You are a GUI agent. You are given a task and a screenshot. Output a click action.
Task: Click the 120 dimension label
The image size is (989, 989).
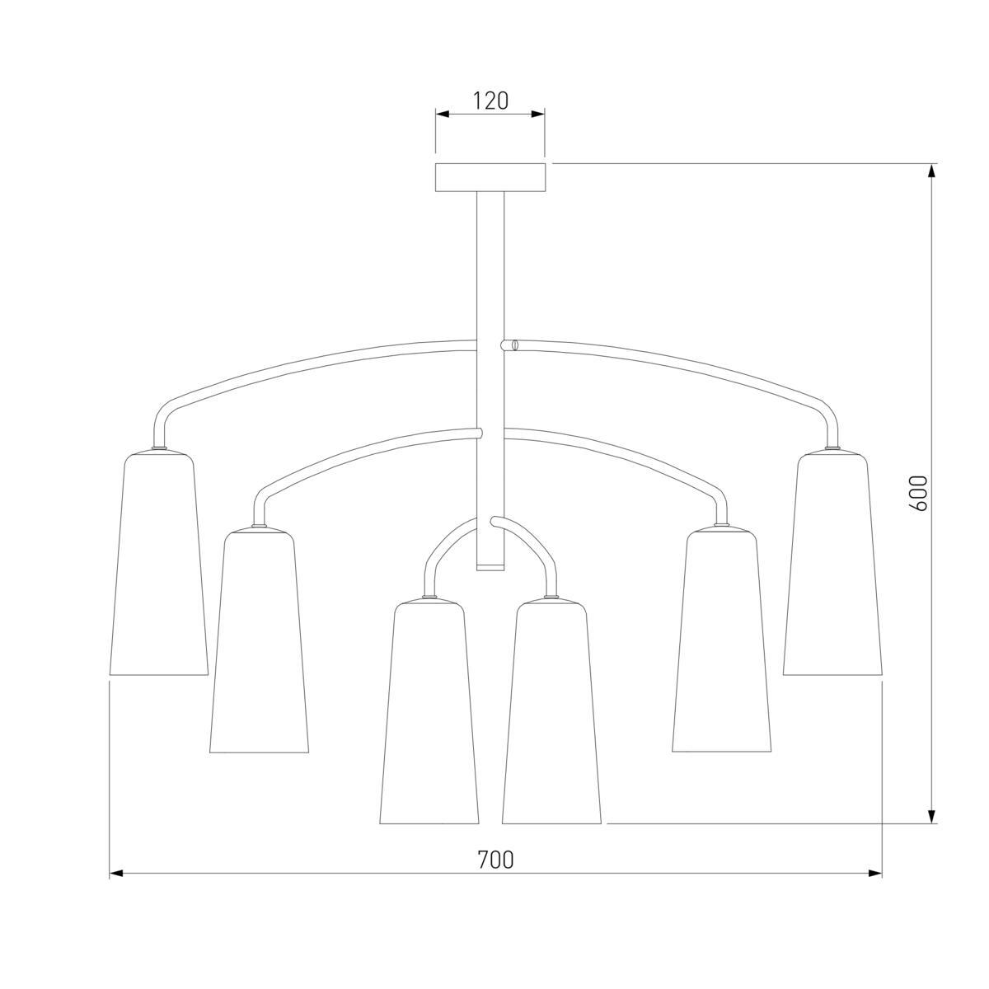click(x=490, y=101)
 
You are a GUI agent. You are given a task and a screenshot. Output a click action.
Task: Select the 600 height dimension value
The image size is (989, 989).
click(x=919, y=493)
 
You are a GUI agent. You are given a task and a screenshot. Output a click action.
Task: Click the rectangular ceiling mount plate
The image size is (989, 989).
click(x=490, y=177)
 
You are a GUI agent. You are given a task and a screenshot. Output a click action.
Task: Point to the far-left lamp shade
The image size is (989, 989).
click(x=159, y=563)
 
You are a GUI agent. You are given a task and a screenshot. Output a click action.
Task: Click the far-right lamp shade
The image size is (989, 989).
click(x=832, y=563)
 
